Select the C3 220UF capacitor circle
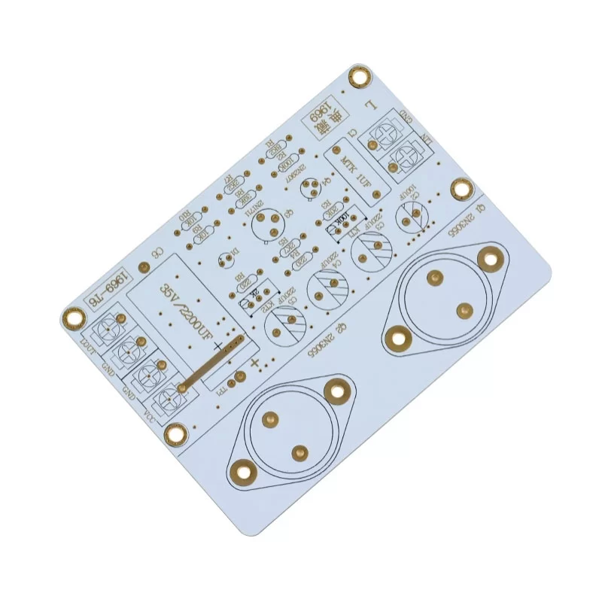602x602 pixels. pos(371,250)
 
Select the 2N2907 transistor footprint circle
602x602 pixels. pos(309,187)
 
